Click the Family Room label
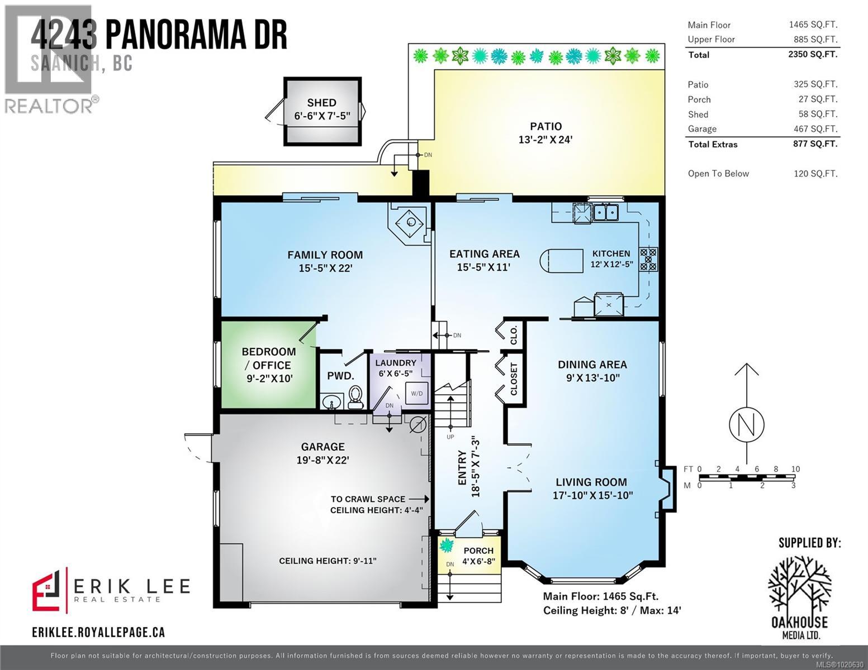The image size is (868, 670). click(x=325, y=255)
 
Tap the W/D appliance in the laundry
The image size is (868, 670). click(x=416, y=394)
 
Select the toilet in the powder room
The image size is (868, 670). click(x=354, y=397)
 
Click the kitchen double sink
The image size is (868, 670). click(x=605, y=212)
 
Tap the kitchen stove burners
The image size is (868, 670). click(x=648, y=259)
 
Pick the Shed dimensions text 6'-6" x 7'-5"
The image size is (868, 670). click(x=322, y=116)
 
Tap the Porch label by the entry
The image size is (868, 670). click(x=478, y=551)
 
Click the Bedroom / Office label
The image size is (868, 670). click(x=269, y=358)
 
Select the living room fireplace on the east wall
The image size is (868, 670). click(x=666, y=489)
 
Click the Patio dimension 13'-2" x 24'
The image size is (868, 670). click(x=546, y=140)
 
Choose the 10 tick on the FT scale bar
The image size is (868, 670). click(x=795, y=469)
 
